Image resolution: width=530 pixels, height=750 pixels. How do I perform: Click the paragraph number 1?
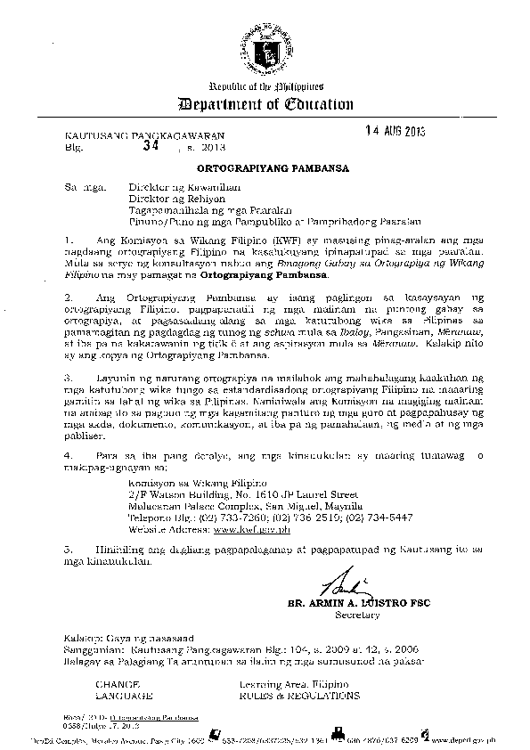point(67,241)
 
